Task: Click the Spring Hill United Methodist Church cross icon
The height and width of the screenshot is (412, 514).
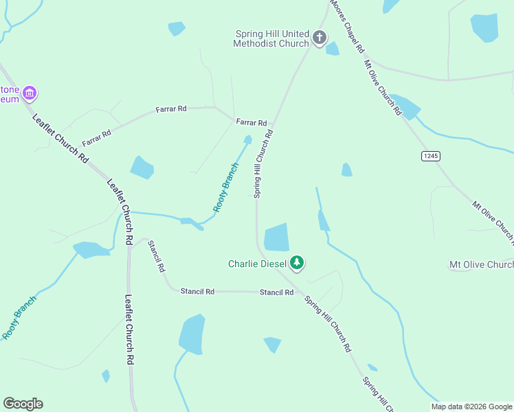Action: (x=320, y=38)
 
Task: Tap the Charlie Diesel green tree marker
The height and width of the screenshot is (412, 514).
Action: (x=297, y=262)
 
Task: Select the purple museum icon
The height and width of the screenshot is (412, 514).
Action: (x=29, y=93)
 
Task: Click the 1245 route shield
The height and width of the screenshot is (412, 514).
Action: (x=430, y=157)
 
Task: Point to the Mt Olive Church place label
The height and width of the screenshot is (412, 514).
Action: (x=480, y=264)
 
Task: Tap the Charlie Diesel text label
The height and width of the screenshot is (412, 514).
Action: (x=258, y=263)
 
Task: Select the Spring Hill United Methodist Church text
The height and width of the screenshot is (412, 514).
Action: (x=272, y=38)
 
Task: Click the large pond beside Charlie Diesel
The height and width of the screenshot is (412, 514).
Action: (x=276, y=238)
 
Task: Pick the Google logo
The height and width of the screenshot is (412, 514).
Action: (x=23, y=404)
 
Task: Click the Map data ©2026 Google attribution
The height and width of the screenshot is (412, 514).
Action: (x=471, y=407)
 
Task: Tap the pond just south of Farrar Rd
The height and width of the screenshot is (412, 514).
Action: (x=142, y=167)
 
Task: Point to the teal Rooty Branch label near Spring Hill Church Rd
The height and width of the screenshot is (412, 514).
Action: (x=226, y=186)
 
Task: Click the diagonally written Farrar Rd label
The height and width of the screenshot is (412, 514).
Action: (x=96, y=138)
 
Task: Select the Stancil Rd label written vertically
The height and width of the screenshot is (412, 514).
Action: (x=156, y=255)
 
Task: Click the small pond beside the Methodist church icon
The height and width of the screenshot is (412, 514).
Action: (x=333, y=49)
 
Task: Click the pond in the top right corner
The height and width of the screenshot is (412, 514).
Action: (x=484, y=27)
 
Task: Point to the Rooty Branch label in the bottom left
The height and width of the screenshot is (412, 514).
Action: (x=19, y=317)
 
